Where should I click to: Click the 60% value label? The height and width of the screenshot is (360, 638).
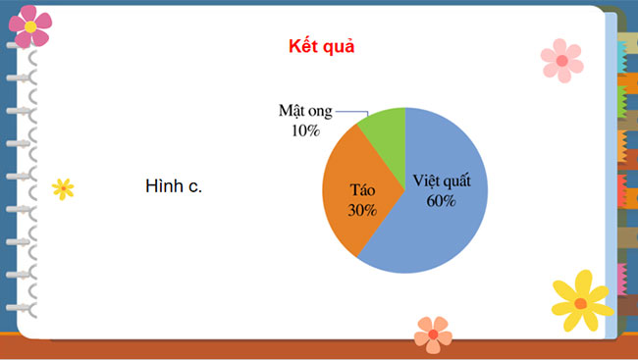pyautogui.click(x=441, y=201)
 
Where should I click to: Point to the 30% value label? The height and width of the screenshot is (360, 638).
pyautogui.click(x=362, y=210)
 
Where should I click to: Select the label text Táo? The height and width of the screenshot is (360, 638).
pyautogui.click(x=363, y=191)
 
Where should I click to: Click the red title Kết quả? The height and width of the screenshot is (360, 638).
pyautogui.click(x=321, y=47)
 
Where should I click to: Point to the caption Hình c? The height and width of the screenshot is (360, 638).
pyautogui.click(x=173, y=186)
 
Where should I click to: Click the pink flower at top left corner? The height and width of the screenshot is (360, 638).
pyautogui.click(x=31, y=26)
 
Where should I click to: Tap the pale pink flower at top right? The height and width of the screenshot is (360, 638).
pyautogui.click(x=561, y=60)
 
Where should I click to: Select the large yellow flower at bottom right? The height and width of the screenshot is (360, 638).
pyautogui.click(x=581, y=302)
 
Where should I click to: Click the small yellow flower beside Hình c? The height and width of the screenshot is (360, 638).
pyautogui.click(x=63, y=188)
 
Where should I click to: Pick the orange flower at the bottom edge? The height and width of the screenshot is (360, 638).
pyautogui.click(x=433, y=334)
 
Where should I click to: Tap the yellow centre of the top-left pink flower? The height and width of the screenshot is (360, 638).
pyautogui.click(x=31, y=26)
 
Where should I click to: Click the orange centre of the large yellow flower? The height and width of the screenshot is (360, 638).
pyautogui.click(x=581, y=303)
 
